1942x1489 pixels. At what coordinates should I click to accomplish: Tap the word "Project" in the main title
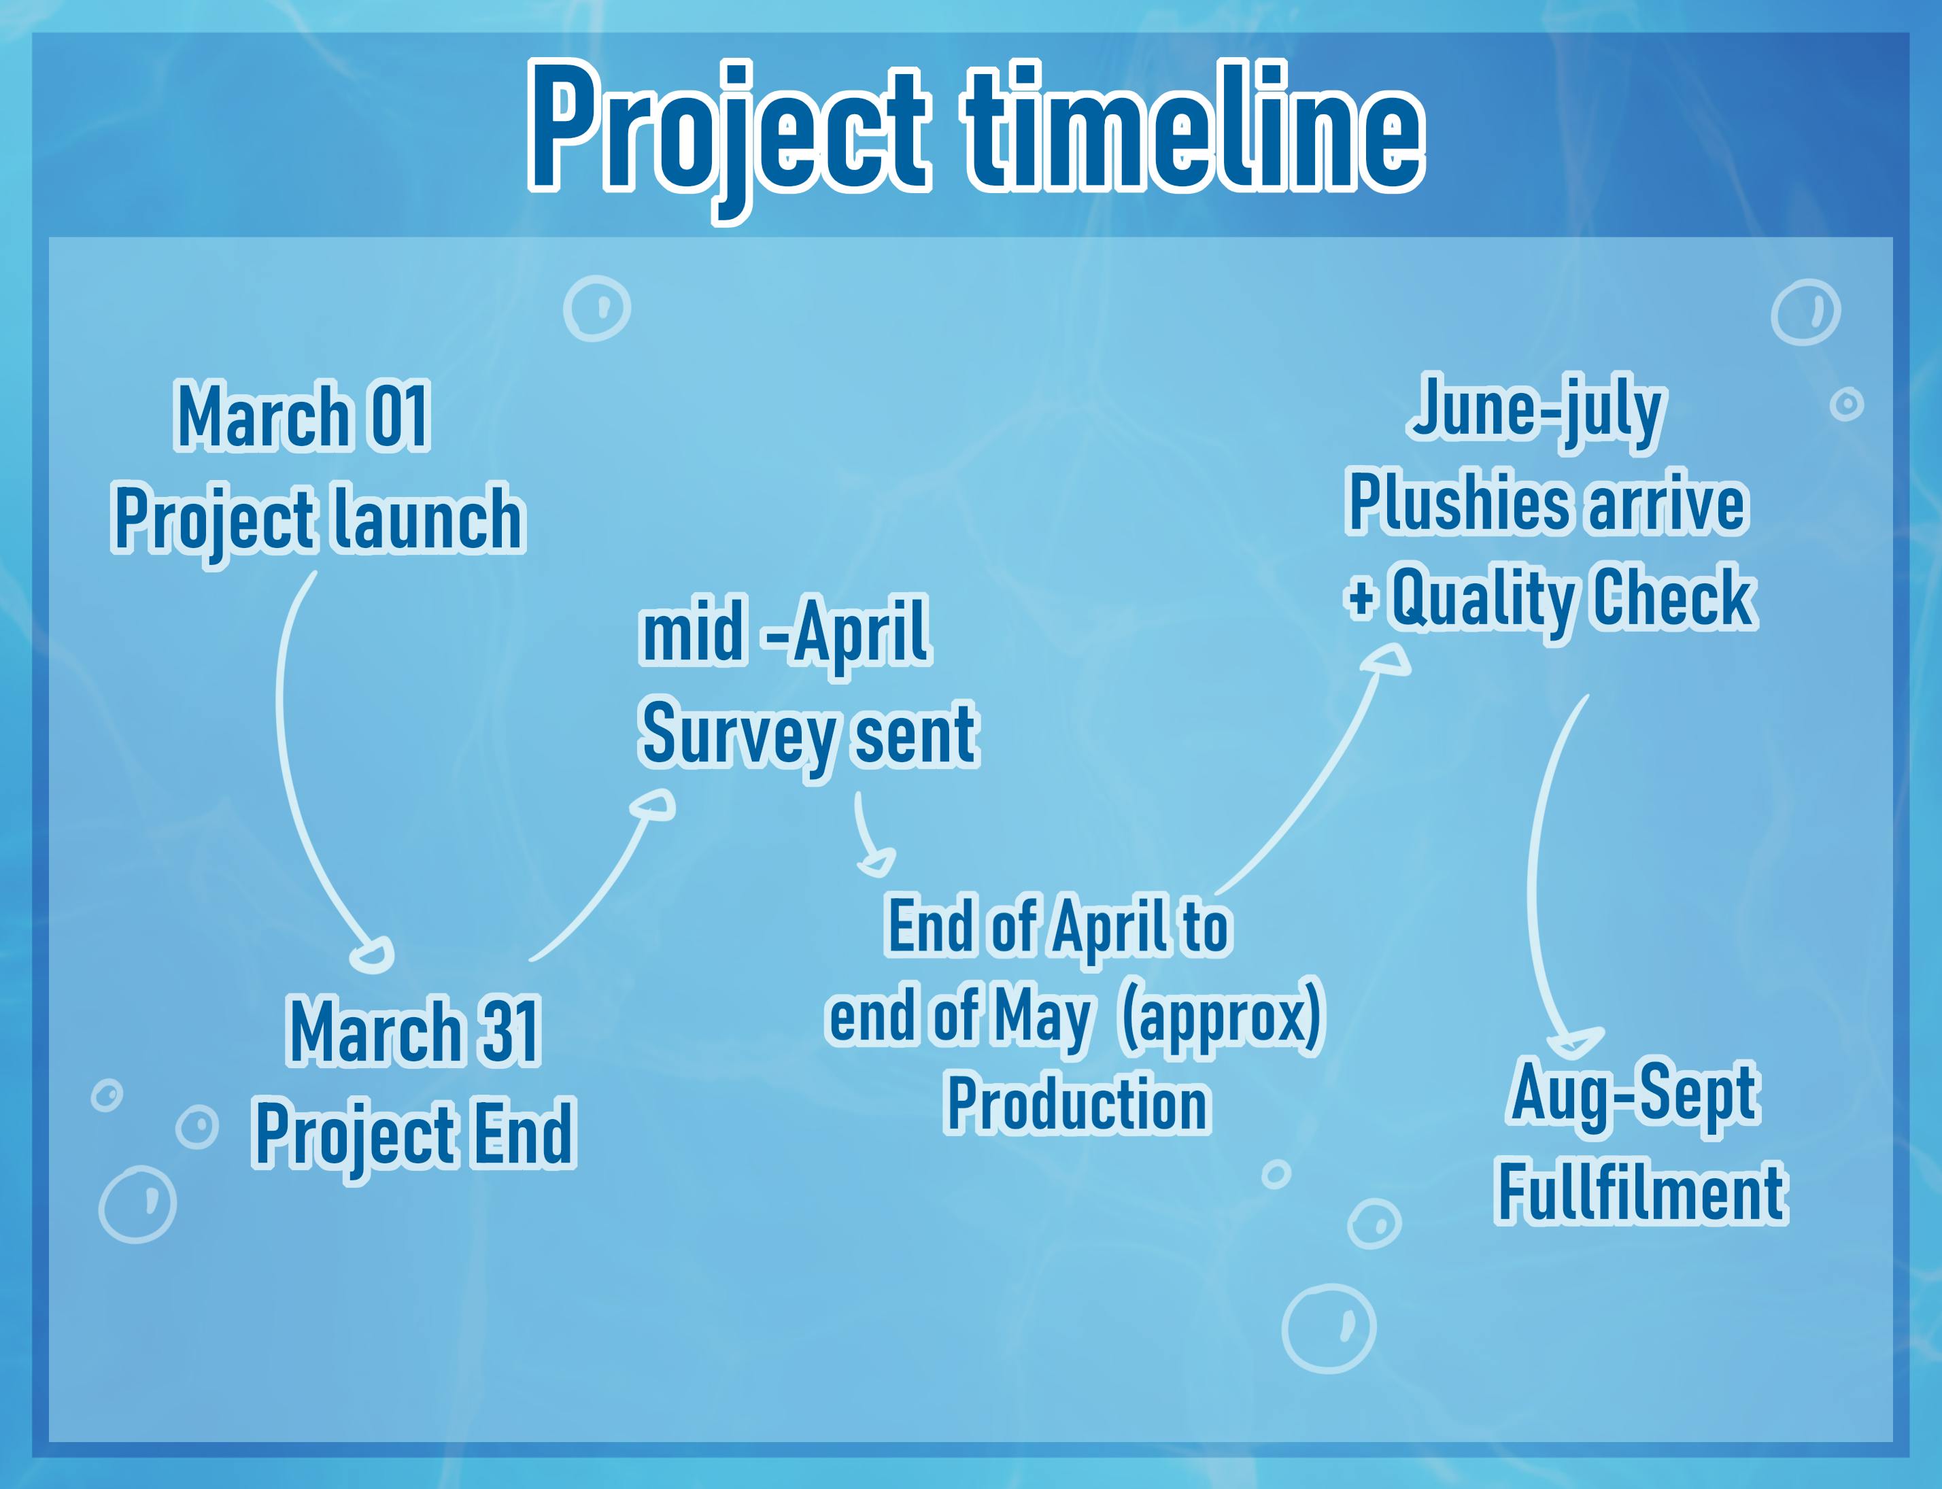click(x=728, y=137)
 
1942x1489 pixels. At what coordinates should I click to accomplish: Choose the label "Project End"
click(x=414, y=1135)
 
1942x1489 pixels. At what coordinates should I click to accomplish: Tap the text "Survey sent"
click(x=808, y=735)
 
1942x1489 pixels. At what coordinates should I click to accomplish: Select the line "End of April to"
click(x=1058, y=927)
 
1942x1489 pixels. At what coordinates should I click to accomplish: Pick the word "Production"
click(x=1078, y=1103)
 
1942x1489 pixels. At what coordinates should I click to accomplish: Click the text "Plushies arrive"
click(x=1548, y=502)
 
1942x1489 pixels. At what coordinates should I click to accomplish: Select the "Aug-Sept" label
click(x=1633, y=1094)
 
